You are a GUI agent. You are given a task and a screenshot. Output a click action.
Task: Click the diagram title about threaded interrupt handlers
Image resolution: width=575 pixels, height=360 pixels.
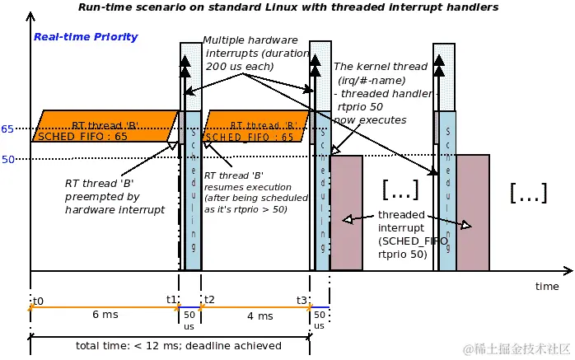click(x=288, y=7)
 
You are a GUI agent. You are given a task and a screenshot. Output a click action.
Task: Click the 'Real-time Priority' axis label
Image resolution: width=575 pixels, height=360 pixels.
click(x=86, y=37)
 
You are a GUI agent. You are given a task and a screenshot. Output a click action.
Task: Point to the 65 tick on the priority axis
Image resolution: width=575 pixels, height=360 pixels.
click(x=7, y=129)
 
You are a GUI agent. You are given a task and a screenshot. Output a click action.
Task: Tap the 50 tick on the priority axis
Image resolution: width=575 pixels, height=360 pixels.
click(x=7, y=159)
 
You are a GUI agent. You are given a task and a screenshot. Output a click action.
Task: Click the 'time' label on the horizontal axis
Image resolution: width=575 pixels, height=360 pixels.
click(x=546, y=286)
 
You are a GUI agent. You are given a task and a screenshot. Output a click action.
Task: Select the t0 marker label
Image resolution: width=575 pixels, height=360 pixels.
click(x=38, y=299)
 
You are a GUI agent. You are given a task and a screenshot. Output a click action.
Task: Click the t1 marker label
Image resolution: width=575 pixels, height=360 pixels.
click(x=171, y=299)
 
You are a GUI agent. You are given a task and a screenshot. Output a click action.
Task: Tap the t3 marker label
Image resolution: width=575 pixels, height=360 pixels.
click(x=302, y=299)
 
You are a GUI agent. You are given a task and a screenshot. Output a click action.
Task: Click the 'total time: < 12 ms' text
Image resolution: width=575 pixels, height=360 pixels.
click(x=178, y=345)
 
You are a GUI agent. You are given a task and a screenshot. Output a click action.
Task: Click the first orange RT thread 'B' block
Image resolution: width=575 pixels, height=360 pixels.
click(x=105, y=126)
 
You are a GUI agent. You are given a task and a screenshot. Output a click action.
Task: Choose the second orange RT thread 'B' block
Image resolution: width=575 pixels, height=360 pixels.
click(x=256, y=126)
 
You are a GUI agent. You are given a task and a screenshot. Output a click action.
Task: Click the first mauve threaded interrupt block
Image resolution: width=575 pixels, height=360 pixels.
click(x=346, y=212)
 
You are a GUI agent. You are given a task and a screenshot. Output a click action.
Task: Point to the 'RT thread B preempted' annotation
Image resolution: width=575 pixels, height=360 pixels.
click(x=115, y=197)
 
